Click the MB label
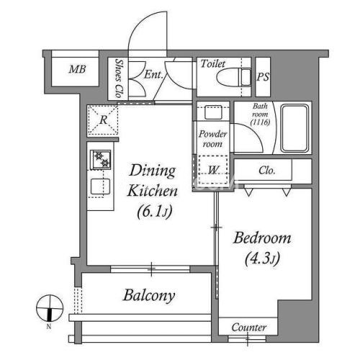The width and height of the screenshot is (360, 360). click(x=77, y=69)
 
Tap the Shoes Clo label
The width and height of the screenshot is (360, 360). click(x=119, y=78)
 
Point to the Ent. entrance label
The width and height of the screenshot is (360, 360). click(x=153, y=74)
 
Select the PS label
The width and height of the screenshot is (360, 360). click(x=263, y=77)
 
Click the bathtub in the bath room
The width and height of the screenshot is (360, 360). click(x=294, y=128)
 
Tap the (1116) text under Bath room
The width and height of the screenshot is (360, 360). click(x=260, y=122)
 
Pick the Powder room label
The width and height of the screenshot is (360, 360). click(x=212, y=139)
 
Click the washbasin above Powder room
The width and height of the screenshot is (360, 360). click(x=213, y=112)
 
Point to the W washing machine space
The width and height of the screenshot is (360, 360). click(x=213, y=170)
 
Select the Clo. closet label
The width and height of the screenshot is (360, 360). click(x=266, y=171)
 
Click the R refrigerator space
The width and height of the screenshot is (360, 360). click(x=103, y=120)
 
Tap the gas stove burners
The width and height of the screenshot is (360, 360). click(x=101, y=160)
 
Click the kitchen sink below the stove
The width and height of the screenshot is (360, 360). click(x=100, y=186)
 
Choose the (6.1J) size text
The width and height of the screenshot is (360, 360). click(x=155, y=212)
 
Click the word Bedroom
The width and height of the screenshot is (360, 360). click(x=262, y=238)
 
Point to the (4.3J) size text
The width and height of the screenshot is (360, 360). click(x=263, y=258)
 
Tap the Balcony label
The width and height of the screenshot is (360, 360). click(x=149, y=295)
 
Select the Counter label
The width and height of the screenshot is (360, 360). click(x=249, y=328)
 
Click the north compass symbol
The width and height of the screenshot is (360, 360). click(x=50, y=309)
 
